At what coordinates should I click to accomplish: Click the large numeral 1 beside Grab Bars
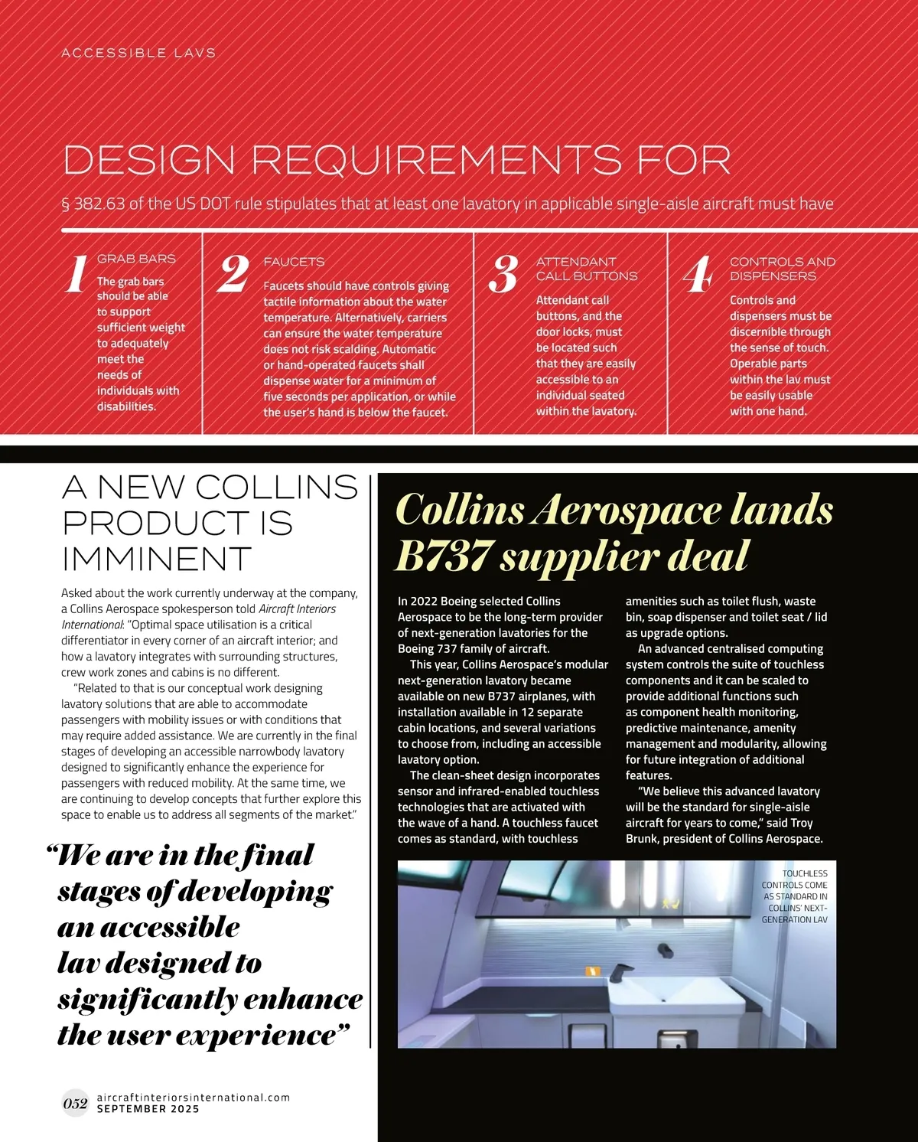pos(75,275)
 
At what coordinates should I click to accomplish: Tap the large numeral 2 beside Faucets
pos(234,274)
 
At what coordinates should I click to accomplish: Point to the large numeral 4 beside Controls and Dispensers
pos(698,275)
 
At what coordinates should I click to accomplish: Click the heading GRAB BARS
pos(136,259)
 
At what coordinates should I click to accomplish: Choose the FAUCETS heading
pos(294,262)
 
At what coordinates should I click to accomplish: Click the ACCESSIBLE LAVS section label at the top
pos(138,53)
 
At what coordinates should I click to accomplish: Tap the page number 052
pos(75,1103)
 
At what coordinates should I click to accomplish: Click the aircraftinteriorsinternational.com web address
pos(194,1097)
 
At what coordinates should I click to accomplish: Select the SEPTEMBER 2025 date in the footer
pos(148,1109)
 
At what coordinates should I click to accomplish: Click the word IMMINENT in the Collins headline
pos(157,559)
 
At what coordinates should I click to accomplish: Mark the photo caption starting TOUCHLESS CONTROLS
pos(794,896)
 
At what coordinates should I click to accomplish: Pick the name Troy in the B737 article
pos(802,823)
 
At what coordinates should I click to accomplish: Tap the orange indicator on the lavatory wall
pos(593,971)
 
